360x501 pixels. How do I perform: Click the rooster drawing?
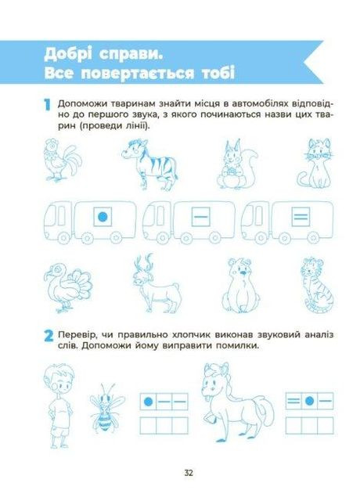click(x=63, y=160)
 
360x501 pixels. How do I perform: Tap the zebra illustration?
click(x=149, y=164)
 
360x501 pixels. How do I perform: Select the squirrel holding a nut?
click(x=237, y=164)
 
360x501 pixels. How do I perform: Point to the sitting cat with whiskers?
click(x=315, y=163)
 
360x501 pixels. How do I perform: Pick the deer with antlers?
click(x=157, y=283)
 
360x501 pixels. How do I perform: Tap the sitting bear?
click(x=241, y=285)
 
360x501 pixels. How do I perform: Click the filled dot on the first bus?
click(x=103, y=217)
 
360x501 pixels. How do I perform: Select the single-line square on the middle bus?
click(x=201, y=217)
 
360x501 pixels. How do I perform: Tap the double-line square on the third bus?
click(x=301, y=217)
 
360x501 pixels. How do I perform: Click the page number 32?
click(x=189, y=473)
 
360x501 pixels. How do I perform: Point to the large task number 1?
click(x=47, y=105)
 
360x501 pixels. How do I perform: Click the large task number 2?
click(x=49, y=336)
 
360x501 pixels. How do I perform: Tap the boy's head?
click(x=59, y=381)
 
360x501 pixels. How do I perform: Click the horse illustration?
click(x=237, y=402)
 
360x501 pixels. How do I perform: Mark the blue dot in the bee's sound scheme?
click(x=148, y=402)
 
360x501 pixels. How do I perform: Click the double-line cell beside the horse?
click(x=293, y=401)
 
